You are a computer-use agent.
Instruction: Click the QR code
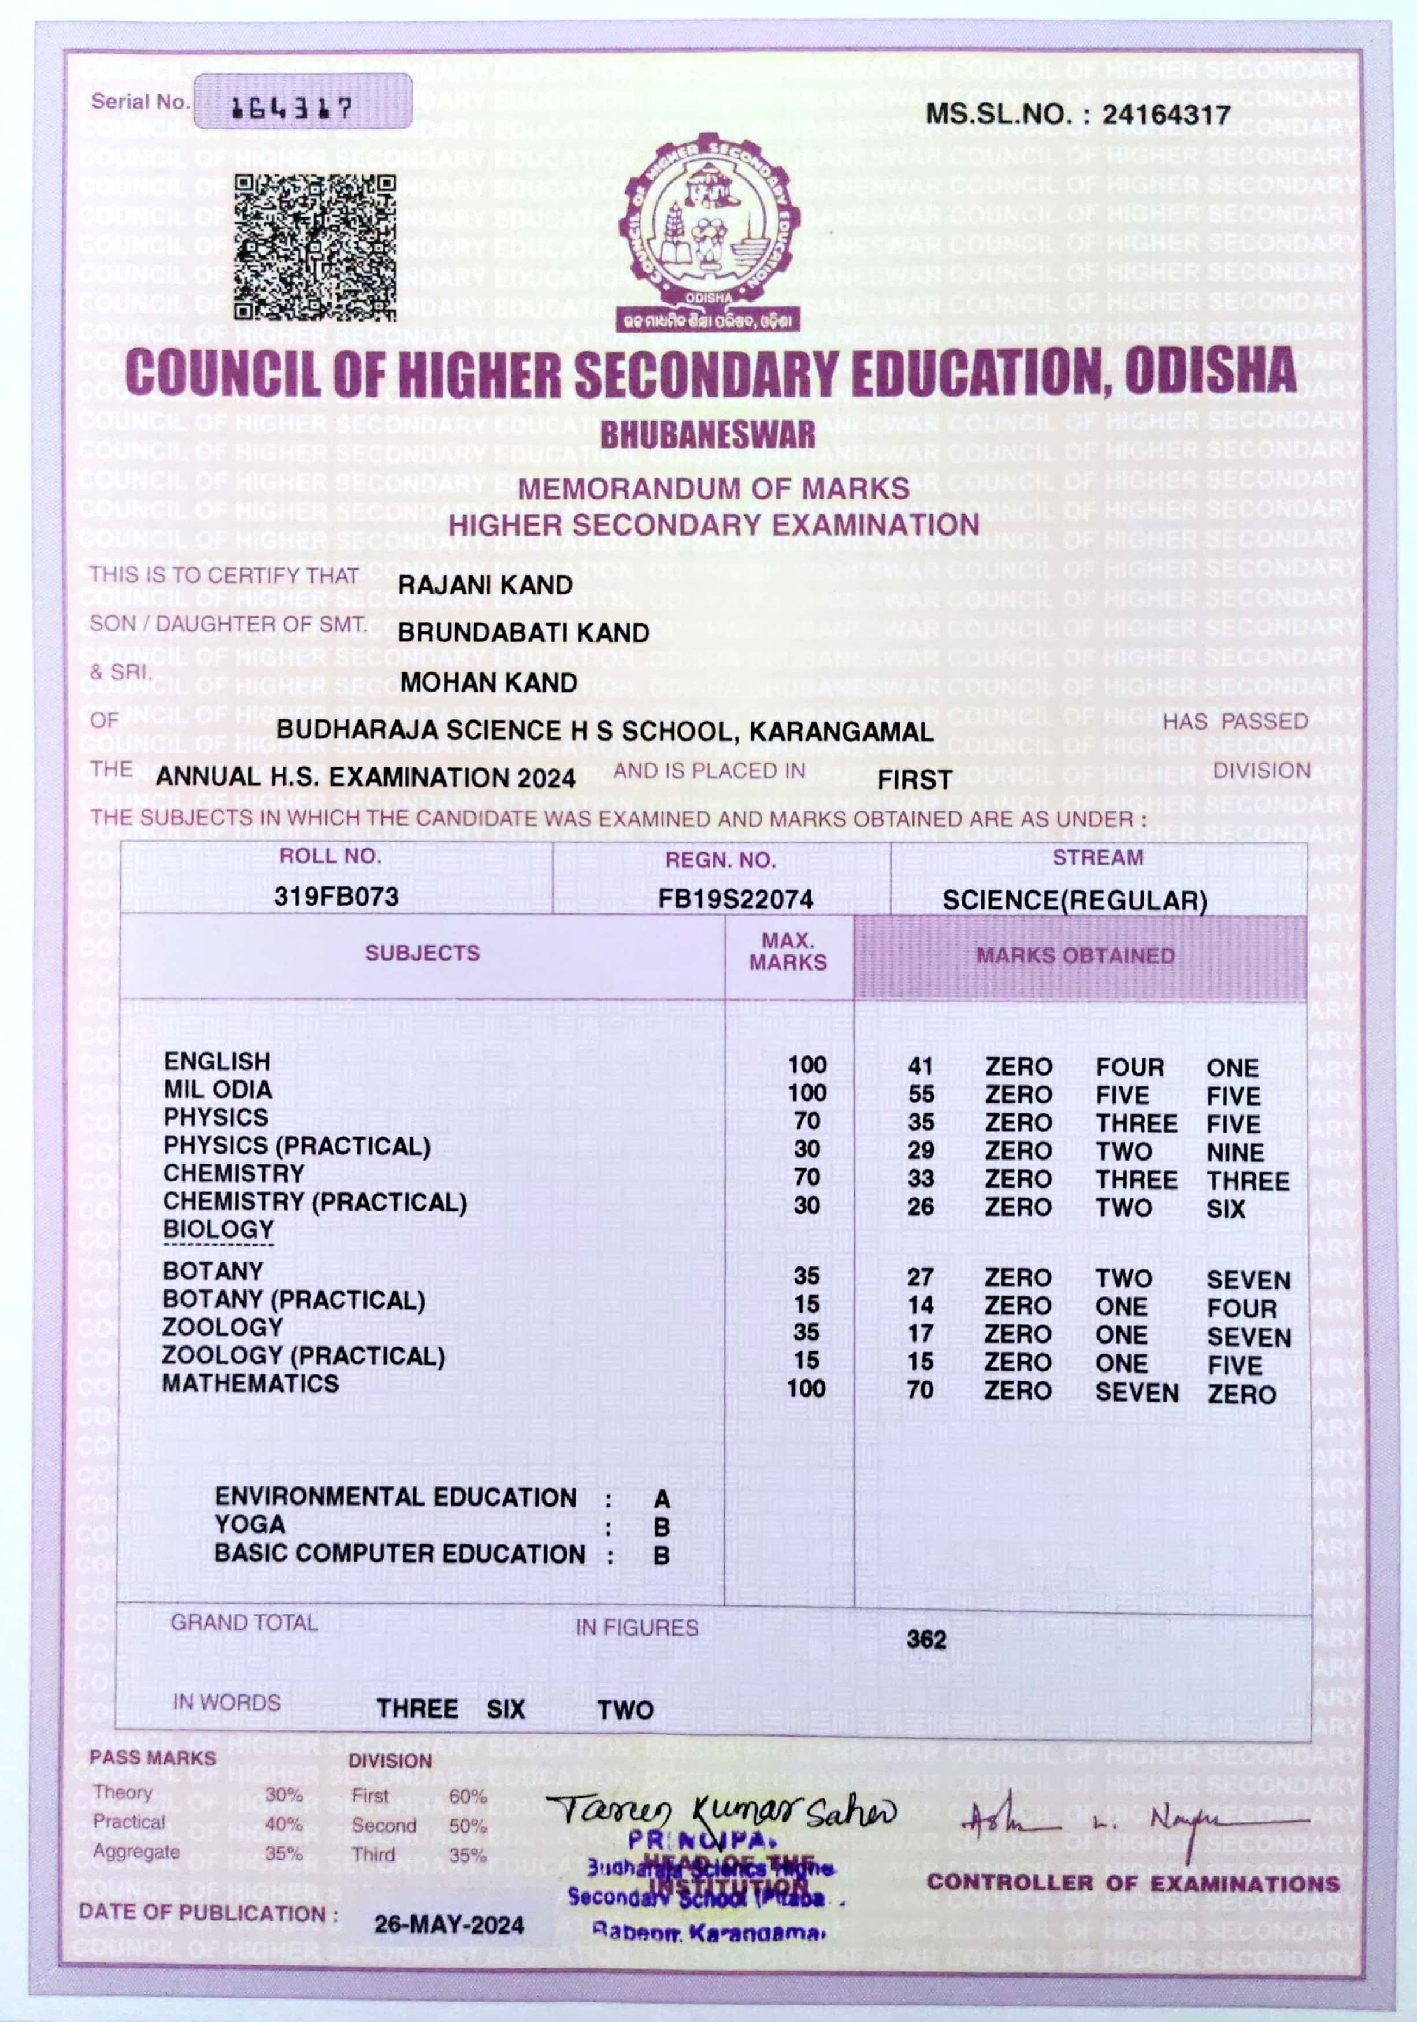(314, 247)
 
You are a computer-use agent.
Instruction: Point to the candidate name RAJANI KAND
(485, 585)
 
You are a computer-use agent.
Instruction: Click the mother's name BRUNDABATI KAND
(523, 633)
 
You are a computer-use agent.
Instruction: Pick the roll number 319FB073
(336, 897)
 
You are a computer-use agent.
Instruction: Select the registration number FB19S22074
(735, 899)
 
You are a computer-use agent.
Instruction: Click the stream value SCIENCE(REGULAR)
(1074, 901)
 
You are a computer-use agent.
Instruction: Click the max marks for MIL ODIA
(807, 1093)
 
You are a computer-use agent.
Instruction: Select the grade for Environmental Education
(661, 1499)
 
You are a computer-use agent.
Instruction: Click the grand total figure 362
(926, 1640)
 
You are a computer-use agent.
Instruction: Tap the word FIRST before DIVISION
(914, 779)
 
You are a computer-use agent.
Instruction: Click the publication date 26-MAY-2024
(449, 1925)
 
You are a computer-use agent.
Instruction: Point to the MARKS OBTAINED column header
(1075, 956)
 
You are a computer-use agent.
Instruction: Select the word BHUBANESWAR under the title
(708, 435)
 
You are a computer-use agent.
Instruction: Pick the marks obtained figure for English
(921, 1066)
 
